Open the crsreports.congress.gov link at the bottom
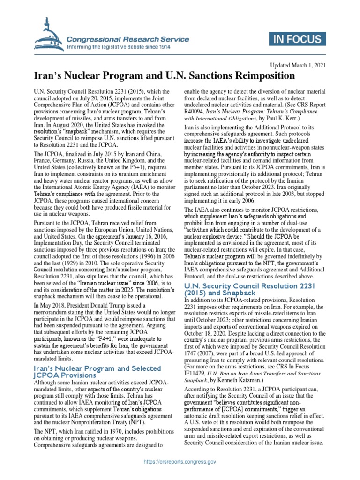(x=180, y=462)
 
